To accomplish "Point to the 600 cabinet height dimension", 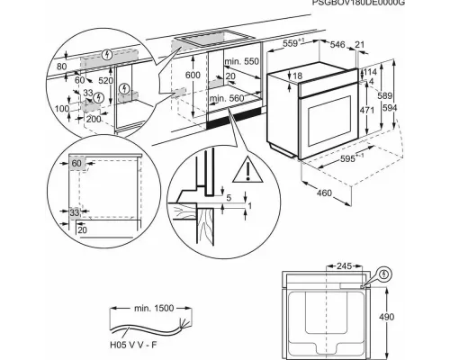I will pyautogui.click(x=192, y=76).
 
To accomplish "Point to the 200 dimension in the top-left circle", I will pyautogui.click(x=94, y=120).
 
